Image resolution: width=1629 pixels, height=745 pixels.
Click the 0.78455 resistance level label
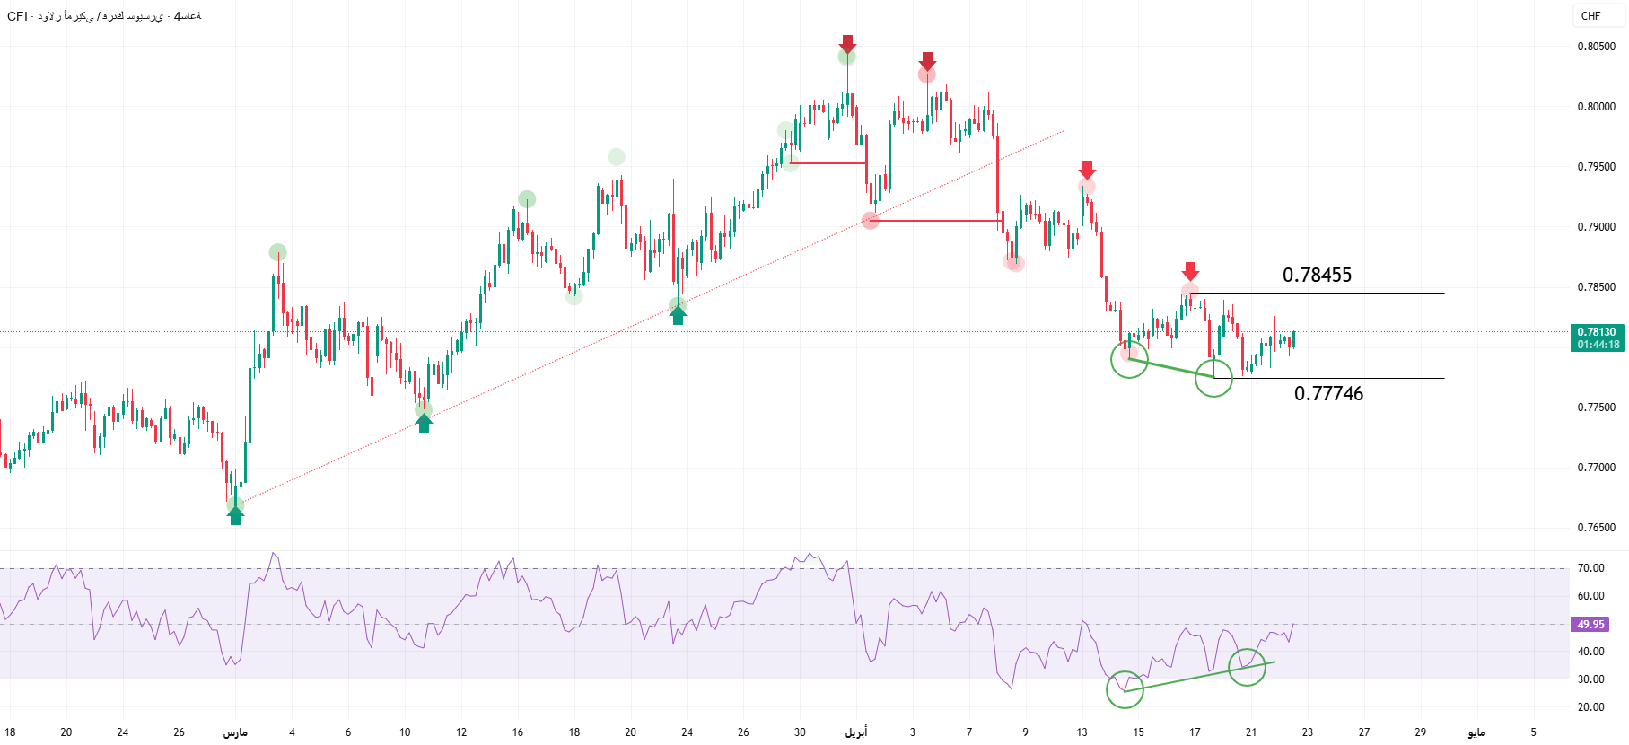click(1317, 276)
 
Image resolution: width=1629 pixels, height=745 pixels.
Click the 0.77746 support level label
click(1328, 394)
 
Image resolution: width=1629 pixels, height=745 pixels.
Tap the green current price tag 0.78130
click(1598, 332)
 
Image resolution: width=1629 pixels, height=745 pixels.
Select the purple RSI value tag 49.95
click(1590, 625)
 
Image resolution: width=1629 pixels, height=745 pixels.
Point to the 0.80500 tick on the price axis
click(1596, 47)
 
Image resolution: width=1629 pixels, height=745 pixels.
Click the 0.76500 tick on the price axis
click(1596, 528)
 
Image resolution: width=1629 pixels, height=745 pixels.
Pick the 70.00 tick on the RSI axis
click(1590, 568)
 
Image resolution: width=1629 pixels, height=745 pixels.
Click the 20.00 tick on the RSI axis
click(1590, 707)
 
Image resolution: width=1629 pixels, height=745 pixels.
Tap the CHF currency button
click(1590, 16)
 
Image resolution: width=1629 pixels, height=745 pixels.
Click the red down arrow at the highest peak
click(847, 43)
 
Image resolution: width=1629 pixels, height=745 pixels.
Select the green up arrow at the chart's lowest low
click(235, 515)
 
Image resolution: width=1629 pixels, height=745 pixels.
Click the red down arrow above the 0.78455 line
click(1190, 270)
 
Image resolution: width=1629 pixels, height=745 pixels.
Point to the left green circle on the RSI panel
click(1125, 689)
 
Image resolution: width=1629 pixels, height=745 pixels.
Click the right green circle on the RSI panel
click(1247, 667)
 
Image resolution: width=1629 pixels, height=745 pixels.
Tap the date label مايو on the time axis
click(1476, 732)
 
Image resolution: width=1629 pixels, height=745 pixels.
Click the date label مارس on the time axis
click(235, 732)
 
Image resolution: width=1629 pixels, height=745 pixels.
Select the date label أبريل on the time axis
click(856, 732)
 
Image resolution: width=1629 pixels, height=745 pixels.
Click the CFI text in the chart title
click(17, 16)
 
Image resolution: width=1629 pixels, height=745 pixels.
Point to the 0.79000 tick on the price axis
click(1596, 227)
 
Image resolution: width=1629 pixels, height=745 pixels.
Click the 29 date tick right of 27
click(1420, 732)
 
